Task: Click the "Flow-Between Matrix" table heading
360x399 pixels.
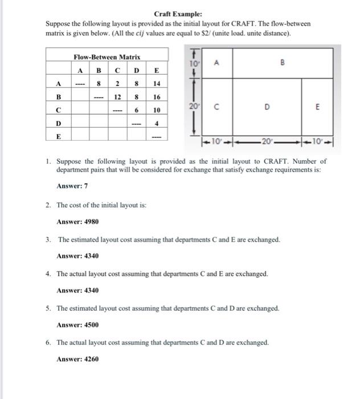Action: point(107,57)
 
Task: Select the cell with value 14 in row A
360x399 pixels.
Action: point(156,83)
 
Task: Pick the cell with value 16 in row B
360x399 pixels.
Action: point(156,96)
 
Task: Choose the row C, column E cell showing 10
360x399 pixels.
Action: point(156,109)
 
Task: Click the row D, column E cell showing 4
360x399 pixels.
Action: point(156,123)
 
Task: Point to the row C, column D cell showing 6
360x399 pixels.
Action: point(137,109)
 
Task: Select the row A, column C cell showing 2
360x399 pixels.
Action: point(117,83)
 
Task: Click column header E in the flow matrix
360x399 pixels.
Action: point(156,70)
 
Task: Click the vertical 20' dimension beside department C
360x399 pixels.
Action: point(194,106)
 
